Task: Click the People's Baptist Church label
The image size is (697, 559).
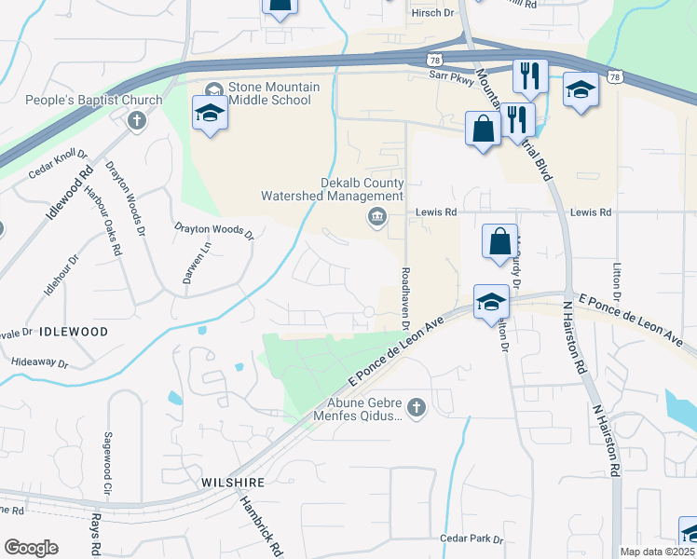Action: tap(81, 100)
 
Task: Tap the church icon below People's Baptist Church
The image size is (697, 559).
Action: tap(137, 119)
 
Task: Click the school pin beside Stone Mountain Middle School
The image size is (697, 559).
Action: tap(210, 115)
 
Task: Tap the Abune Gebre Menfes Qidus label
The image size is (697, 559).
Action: tap(363, 410)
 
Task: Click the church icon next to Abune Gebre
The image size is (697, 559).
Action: tap(416, 407)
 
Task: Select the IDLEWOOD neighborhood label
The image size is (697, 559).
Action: tap(74, 332)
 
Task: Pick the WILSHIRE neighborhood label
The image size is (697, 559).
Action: tap(233, 483)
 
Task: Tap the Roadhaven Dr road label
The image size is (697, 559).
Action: tap(405, 299)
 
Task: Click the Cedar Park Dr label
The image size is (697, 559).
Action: tap(471, 539)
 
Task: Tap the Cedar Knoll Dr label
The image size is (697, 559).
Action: tap(58, 162)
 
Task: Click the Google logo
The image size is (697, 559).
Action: tap(31, 548)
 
